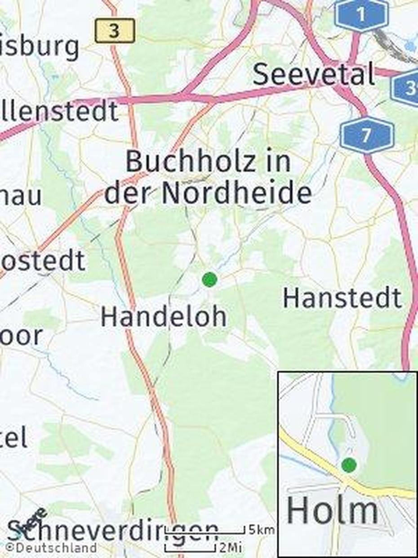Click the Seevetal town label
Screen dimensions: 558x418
(313, 74)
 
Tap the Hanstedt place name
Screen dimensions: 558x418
(342, 298)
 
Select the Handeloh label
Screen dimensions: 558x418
(163, 316)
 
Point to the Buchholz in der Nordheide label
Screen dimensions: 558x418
(208, 178)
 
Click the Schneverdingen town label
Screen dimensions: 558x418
(112, 531)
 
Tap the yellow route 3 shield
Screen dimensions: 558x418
(115, 31)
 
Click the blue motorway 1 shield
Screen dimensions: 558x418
(361, 15)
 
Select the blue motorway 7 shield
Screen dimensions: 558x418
(367, 135)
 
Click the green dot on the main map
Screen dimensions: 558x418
(209, 279)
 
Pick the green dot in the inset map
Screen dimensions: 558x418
(349, 465)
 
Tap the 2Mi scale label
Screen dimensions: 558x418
(231, 548)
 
